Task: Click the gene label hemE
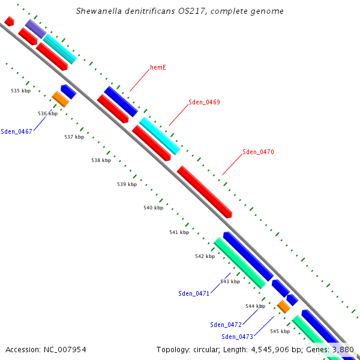coord(158,67)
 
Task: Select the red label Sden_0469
coord(204,102)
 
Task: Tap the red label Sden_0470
coord(258,152)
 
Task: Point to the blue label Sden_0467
coord(16,131)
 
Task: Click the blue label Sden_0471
coord(194,293)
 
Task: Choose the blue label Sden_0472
coord(226,325)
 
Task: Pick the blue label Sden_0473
coord(237,337)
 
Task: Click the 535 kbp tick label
coord(20,91)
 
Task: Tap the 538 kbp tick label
coord(101,161)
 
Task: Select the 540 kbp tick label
coord(153,208)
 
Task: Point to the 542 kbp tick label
coord(205,256)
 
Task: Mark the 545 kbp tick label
coord(280,331)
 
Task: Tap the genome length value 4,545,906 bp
coord(274,349)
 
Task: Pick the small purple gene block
coord(35,29)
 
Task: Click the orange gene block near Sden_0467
coord(61,99)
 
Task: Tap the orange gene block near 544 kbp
coord(284,306)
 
